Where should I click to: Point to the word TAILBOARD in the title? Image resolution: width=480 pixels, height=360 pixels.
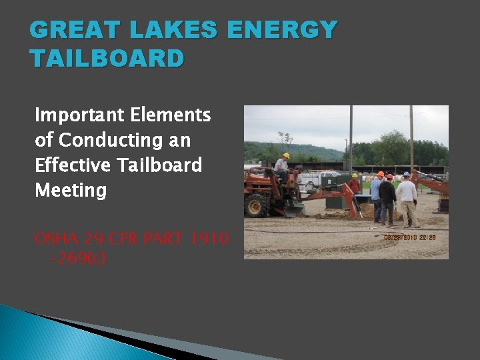107,59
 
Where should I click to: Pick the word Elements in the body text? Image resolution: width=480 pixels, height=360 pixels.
179,115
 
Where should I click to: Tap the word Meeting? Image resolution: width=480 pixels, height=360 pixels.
71,190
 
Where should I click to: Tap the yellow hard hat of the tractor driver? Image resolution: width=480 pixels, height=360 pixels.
286,155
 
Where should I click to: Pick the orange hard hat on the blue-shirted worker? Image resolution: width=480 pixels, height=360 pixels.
380,175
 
